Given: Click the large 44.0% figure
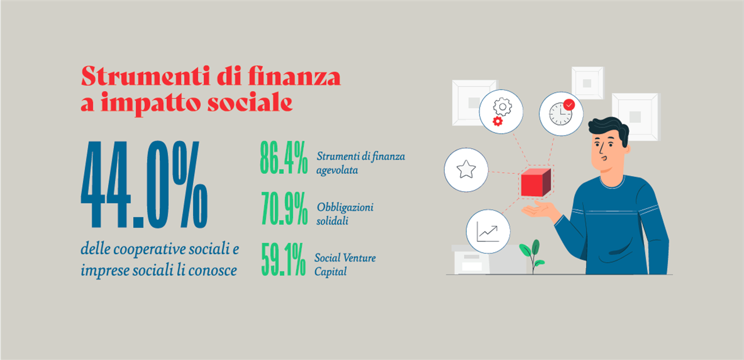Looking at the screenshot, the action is (144, 185).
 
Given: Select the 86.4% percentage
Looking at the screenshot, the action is (284, 158).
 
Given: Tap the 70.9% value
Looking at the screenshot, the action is (284, 208).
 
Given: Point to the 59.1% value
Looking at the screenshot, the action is (283, 259).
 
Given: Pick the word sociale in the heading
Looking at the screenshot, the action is (250, 103).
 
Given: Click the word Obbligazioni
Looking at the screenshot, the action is (345, 208).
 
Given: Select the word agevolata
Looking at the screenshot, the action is (337, 170).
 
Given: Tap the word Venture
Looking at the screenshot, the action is (360, 258).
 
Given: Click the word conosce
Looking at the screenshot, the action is (213, 270).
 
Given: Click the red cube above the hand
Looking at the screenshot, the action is (536, 182).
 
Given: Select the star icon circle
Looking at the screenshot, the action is (466, 170).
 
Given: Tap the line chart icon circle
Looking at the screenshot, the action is (488, 231).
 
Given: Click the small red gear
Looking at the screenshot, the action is (498, 122).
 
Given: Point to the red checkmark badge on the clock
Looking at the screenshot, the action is (569, 105).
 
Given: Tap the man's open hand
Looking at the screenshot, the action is (538, 210).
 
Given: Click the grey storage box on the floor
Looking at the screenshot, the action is (488, 260).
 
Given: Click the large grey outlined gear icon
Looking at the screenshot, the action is (502, 106).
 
